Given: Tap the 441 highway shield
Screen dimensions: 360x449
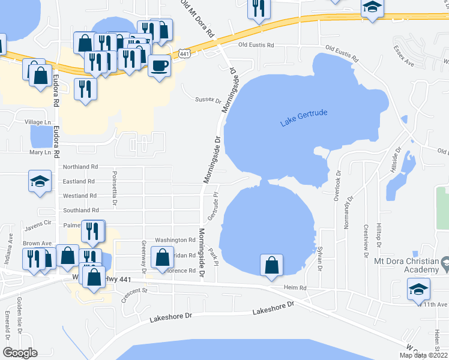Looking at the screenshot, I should (184, 54).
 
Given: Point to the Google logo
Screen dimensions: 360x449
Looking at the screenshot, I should (20, 353).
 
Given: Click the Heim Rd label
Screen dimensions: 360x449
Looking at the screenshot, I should (295, 288).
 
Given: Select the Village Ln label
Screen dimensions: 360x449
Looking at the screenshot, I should (37, 122).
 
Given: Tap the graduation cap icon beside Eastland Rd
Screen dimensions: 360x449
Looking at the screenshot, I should (40, 181).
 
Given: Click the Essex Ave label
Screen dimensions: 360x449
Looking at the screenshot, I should (404, 55).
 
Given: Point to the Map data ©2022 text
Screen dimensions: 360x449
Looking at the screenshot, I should (423, 355).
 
